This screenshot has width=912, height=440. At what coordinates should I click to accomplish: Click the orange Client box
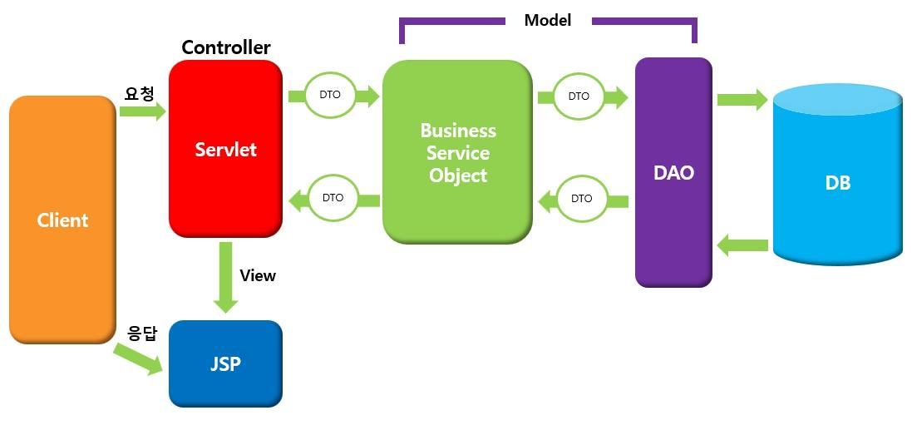tap(62, 220)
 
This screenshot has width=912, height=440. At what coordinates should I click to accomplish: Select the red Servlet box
tap(225, 150)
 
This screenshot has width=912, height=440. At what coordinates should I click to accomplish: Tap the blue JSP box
tap(225, 363)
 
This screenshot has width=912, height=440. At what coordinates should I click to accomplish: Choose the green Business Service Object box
tap(457, 153)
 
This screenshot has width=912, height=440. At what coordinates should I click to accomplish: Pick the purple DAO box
tap(673, 173)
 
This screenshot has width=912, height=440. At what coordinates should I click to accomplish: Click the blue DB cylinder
tap(837, 183)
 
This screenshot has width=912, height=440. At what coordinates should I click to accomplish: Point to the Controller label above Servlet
tap(226, 47)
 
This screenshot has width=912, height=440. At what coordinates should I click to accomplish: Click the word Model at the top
tap(548, 20)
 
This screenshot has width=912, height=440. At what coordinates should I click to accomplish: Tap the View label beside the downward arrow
tap(258, 275)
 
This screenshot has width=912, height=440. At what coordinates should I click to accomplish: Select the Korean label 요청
tap(139, 94)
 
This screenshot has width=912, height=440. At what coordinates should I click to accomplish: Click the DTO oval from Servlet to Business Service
tap(330, 96)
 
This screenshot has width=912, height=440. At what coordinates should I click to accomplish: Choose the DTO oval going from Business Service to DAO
tap(579, 96)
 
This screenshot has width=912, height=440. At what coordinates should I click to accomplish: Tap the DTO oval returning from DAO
tap(582, 198)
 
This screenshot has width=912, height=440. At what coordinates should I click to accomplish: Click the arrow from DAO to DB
tap(742, 100)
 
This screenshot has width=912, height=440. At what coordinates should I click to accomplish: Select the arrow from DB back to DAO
tap(742, 245)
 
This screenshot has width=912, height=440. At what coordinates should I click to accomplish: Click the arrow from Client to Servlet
tap(143, 111)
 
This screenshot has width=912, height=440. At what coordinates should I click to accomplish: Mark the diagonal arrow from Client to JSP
tap(138, 357)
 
